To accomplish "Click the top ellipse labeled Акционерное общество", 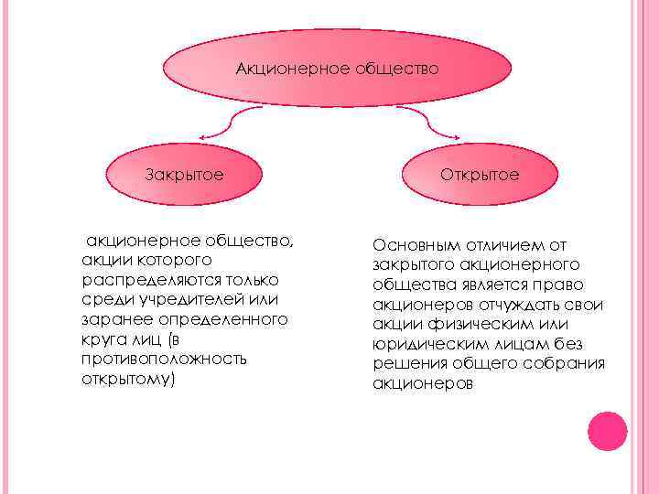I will coord(337,69).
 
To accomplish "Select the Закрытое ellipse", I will coord(185,173).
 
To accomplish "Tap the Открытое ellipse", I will coord(480,173).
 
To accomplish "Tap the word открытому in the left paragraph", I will coord(124,378).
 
